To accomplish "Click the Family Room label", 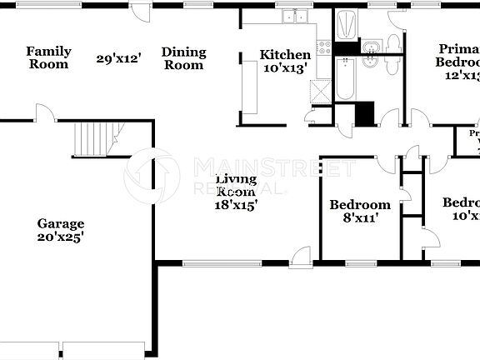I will (48, 57).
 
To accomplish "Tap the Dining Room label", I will (182, 57).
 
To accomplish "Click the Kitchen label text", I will (285, 55).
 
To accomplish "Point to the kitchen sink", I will (294, 17).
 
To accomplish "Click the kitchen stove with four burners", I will (324, 47).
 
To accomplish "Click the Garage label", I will (60, 223).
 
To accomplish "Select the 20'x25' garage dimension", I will (60, 237).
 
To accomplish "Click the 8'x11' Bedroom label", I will (359, 205).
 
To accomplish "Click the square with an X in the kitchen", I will (318, 90).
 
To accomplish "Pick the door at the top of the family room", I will (139, 12).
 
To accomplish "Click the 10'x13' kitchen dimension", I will (285, 68).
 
